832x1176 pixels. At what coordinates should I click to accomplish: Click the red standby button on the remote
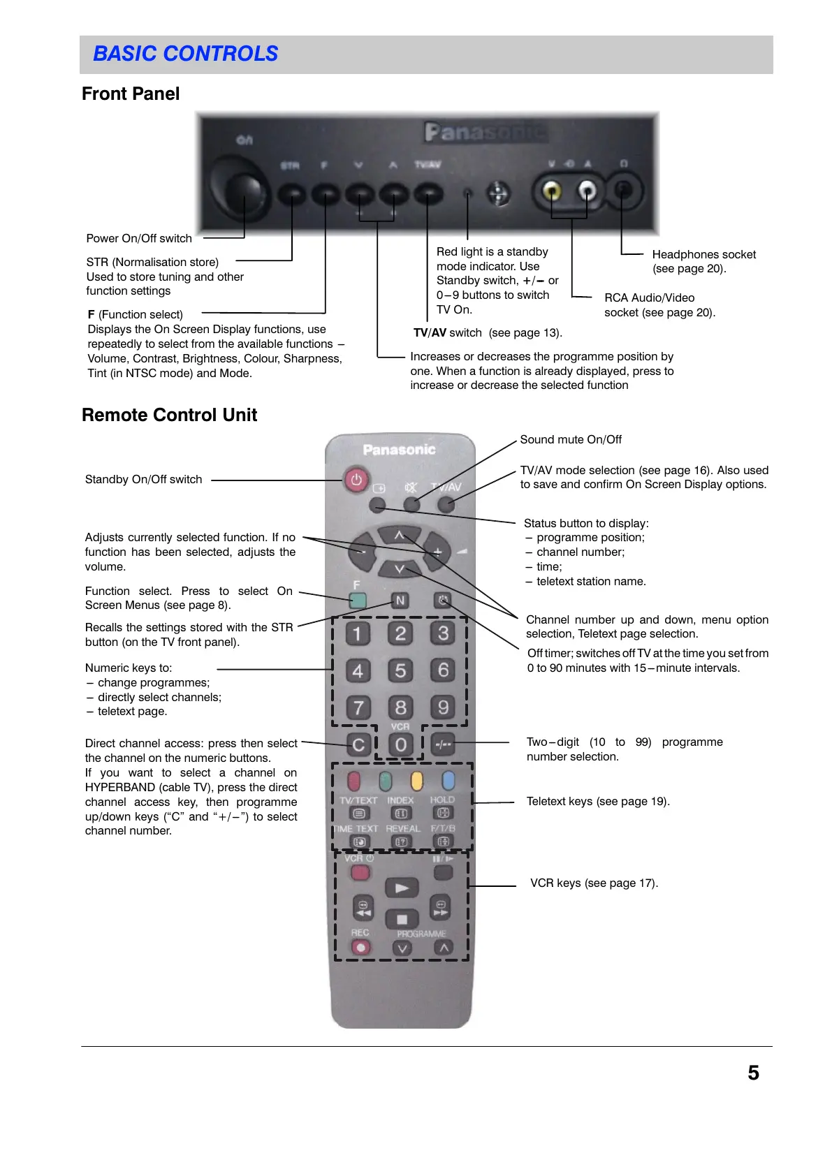356,480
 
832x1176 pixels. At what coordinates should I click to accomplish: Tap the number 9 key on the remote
443,707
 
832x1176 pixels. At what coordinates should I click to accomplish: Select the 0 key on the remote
400,744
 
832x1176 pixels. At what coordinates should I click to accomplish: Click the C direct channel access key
358,744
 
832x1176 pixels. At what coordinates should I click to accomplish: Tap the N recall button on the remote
400,601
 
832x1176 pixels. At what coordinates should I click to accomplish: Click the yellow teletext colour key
417,780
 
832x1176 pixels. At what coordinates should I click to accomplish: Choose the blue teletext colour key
448,780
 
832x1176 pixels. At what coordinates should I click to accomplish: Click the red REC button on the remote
360,948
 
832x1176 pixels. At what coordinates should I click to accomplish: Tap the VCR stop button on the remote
402,919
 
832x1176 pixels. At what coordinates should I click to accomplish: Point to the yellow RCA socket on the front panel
552,190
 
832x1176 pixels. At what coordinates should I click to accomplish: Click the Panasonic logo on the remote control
399,450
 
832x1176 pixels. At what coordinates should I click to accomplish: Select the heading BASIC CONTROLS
186,54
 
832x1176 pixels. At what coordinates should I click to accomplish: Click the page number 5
753,1073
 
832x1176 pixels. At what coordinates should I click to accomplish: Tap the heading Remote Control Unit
170,415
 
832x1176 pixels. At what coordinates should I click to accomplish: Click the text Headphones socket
703,254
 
